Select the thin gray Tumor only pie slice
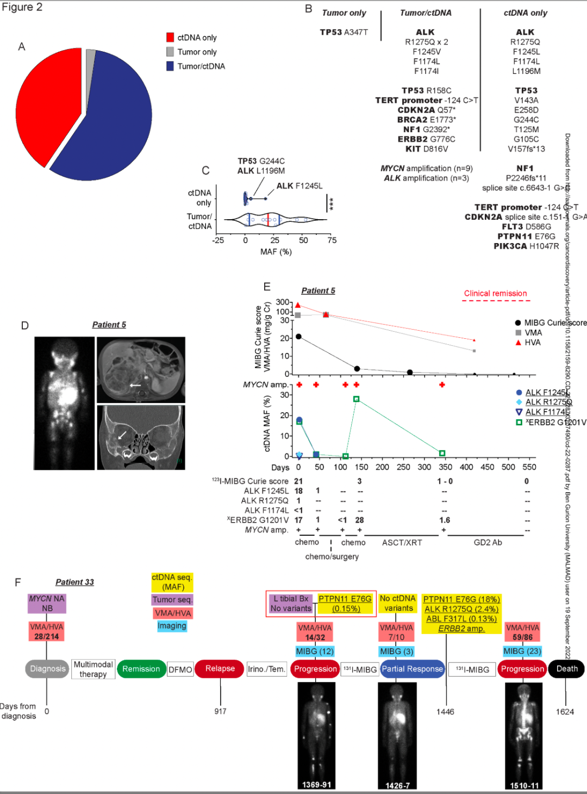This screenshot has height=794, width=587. (x=90, y=71)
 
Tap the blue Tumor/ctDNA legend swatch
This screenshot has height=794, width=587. (x=170, y=66)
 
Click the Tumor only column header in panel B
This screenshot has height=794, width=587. (x=344, y=13)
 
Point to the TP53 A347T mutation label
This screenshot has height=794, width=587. (x=344, y=33)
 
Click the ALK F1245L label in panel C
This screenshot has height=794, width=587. (x=299, y=186)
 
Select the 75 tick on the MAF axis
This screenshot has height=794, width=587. (x=332, y=240)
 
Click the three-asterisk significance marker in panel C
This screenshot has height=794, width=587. (x=331, y=203)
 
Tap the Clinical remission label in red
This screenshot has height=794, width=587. (x=495, y=294)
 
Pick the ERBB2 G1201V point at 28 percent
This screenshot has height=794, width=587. (x=357, y=399)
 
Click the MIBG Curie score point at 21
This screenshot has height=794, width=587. (x=298, y=337)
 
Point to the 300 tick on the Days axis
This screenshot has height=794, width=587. (x=424, y=467)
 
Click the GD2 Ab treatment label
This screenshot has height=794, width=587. (x=488, y=543)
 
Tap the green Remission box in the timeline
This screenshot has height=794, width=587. (x=141, y=669)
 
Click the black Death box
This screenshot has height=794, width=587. (x=567, y=669)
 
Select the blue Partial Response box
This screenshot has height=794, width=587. (x=412, y=669)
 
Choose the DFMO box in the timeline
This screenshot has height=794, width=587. (x=180, y=669)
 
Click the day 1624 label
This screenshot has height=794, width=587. (x=565, y=712)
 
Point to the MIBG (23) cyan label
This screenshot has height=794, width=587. (x=522, y=652)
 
